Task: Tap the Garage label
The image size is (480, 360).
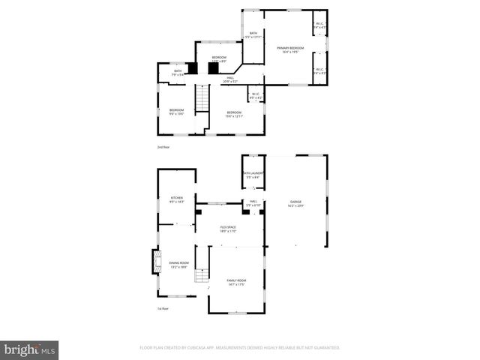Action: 296,204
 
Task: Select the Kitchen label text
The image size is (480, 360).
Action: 176,199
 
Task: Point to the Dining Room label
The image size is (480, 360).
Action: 178,265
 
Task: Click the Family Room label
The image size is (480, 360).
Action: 237,282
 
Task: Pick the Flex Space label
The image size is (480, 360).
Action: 228,229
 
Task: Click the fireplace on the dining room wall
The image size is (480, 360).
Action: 156,262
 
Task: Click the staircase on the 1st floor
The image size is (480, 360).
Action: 202,275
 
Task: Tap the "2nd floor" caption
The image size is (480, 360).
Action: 163,147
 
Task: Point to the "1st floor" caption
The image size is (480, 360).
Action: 163,308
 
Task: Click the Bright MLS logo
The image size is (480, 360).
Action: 30,349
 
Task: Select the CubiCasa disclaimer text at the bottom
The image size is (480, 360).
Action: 240,348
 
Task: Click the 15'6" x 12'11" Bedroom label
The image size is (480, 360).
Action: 234,114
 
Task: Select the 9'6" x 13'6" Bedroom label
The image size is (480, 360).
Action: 176,112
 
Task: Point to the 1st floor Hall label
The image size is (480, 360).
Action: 253,203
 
